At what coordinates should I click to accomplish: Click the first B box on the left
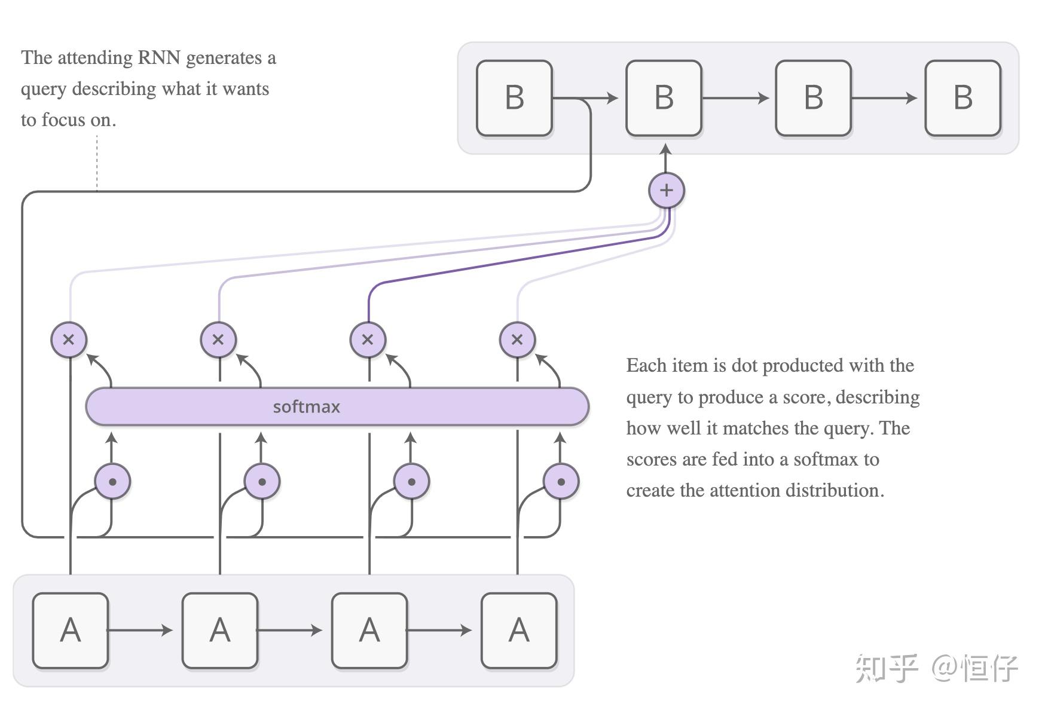coord(514,98)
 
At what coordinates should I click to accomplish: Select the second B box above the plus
coord(664,98)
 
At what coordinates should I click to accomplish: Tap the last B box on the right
coord(962,98)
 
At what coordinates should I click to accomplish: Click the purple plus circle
coord(666,191)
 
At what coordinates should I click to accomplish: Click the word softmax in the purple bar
coord(306,407)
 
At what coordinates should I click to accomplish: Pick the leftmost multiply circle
coord(69,339)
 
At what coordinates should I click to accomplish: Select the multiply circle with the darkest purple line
coord(368,339)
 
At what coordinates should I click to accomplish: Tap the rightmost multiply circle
coord(517,339)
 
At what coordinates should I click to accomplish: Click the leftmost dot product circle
coord(112,481)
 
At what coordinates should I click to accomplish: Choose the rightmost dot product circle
coord(561,481)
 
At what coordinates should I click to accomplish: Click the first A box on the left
coord(71,630)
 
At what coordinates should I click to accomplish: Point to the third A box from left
coord(369,630)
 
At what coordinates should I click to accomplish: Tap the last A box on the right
coord(519,630)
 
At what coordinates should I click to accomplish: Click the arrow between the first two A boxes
coord(141,630)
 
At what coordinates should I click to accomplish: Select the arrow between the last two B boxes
coord(885,98)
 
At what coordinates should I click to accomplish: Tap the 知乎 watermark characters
coord(886,668)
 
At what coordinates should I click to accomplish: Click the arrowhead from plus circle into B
coord(665,149)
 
